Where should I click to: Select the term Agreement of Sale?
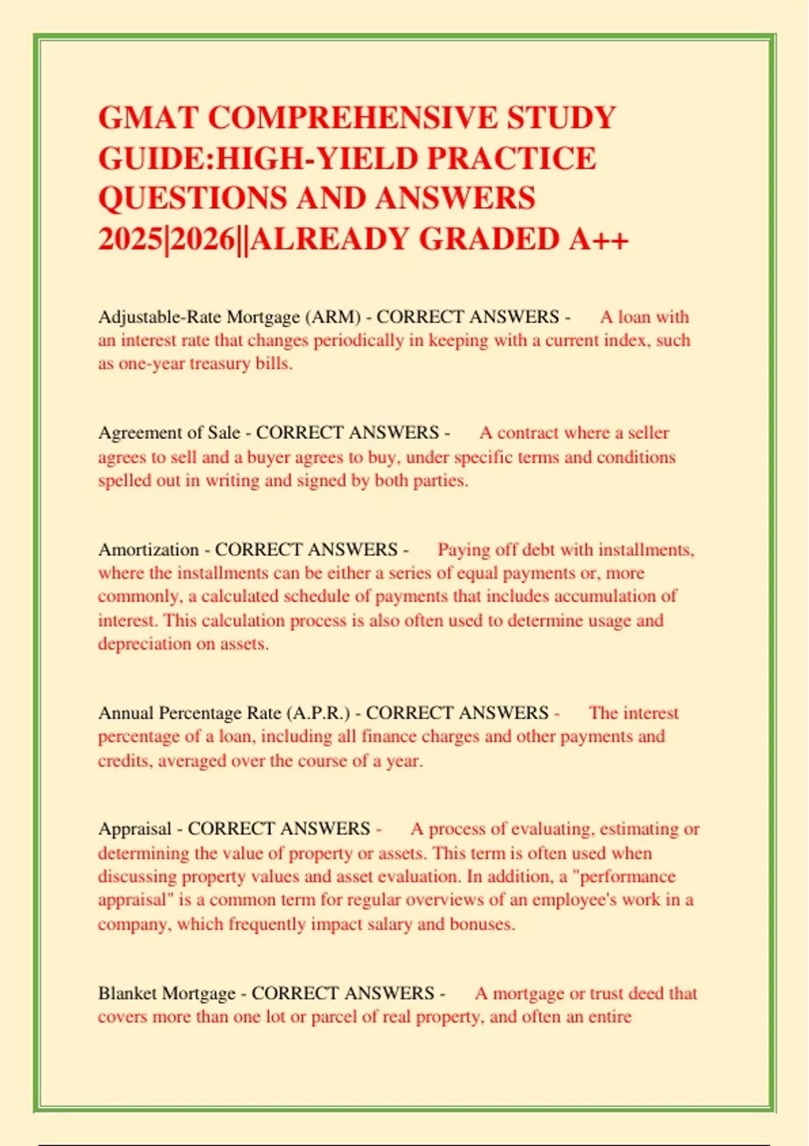coord(169,433)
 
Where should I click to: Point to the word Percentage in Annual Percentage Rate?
coord(200,713)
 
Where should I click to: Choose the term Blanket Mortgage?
coord(167,994)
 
